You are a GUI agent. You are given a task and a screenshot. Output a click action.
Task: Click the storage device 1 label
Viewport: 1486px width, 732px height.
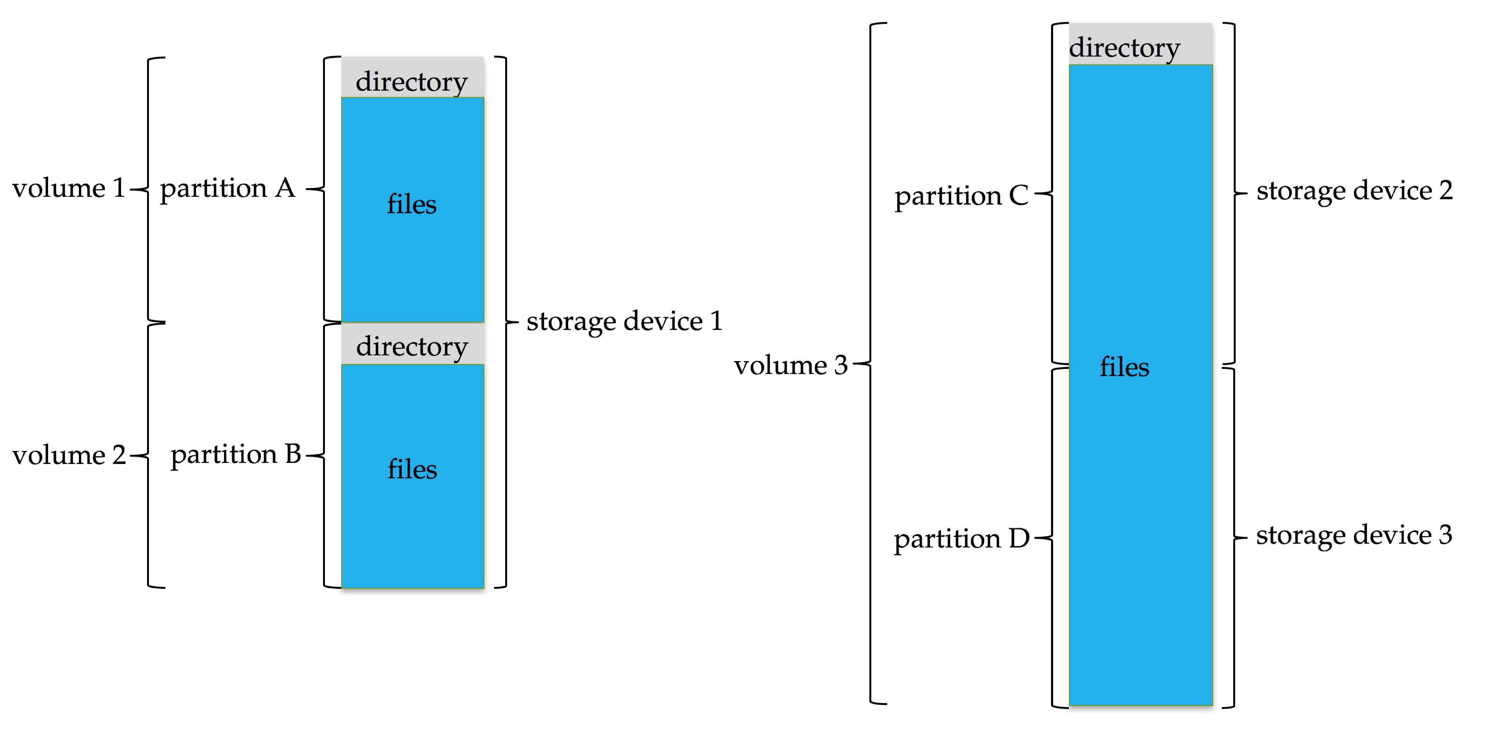tap(624, 321)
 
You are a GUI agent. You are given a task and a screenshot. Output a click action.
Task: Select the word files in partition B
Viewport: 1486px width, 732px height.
tap(412, 469)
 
